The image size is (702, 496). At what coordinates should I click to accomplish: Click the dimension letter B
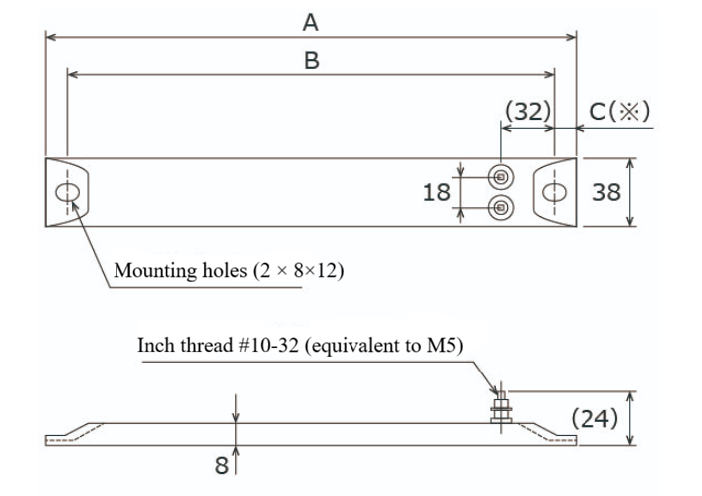[x=312, y=60]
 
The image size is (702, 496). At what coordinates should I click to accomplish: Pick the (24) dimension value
[x=595, y=418]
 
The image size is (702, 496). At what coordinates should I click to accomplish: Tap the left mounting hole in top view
[x=69, y=192]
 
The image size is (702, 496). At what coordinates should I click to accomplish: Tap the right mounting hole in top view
[x=555, y=192]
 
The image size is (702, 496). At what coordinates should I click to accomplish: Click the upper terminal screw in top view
[x=502, y=178]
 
